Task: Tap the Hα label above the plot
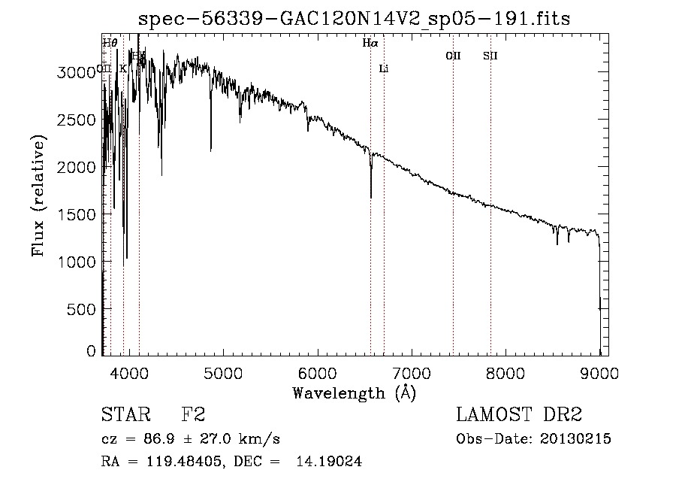click(370, 43)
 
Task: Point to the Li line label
click(384, 69)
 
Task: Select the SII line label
click(490, 56)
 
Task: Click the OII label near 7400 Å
click(453, 56)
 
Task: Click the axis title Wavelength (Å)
click(354, 393)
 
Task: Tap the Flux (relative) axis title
click(38, 196)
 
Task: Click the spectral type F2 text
click(193, 415)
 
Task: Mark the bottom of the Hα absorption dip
click(371, 198)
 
